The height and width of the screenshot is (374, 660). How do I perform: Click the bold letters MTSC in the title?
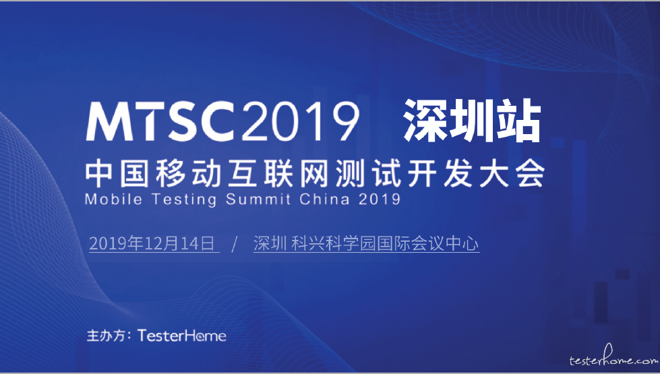pyautogui.click(x=160, y=121)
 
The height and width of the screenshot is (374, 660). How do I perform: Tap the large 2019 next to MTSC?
pyautogui.click(x=300, y=121)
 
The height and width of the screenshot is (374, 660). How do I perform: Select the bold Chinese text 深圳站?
pyautogui.click(x=472, y=121)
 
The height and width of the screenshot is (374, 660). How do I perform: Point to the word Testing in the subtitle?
pyautogui.click(x=183, y=199)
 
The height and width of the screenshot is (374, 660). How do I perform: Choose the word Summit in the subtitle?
pyautogui.click(x=258, y=199)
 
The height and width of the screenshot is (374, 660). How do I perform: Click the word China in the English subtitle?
pyautogui.click(x=324, y=199)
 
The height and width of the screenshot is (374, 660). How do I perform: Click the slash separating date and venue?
pyautogui.click(x=235, y=245)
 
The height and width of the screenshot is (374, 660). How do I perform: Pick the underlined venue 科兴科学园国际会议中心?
pyautogui.click(x=385, y=244)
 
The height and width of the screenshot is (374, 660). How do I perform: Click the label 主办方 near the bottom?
pyautogui.click(x=106, y=336)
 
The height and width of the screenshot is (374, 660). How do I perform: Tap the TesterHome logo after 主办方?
pyautogui.click(x=182, y=336)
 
